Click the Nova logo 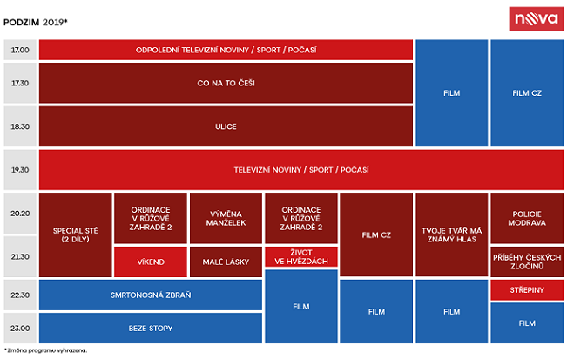[536, 19]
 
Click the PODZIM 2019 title [36, 23]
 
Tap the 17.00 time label [20, 50]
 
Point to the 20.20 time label [20, 214]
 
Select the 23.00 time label [20, 328]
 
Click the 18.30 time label [20, 126]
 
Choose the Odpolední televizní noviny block [226, 50]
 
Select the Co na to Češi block [226, 83]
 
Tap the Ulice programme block [226, 126]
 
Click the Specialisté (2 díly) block [75, 234]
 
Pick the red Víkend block [151, 262]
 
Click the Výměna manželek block [226, 218]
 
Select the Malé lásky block [226, 262]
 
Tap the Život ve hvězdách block [301, 257]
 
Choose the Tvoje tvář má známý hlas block [452, 234]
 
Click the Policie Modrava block [527, 218]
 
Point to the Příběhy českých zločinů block [527, 262]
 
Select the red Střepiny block [527, 289]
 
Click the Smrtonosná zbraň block [151, 295]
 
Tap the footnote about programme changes [45, 350]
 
